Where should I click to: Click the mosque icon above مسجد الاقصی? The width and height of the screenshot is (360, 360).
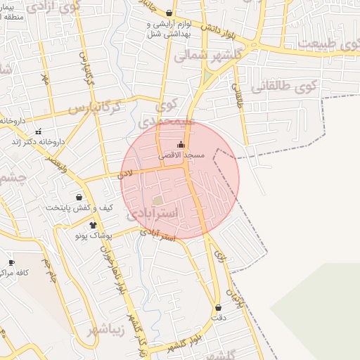click(x=181, y=145)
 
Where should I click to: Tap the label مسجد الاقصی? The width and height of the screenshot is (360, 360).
click(x=181, y=155)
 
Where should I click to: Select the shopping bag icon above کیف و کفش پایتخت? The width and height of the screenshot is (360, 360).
click(x=78, y=198)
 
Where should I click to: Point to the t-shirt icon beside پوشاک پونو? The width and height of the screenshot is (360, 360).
click(x=92, y=225)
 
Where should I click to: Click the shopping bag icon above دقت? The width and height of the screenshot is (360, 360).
click(x=218, y=308)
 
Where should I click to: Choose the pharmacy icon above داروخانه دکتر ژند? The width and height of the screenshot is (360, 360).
click(x=38, y=131)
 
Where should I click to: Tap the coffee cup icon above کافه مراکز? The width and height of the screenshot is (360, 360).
click(x=11, y=262)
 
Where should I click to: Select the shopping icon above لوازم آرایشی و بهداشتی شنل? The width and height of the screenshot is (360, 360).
click(x=169, y=13)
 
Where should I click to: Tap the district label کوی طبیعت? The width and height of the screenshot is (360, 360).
click(x=326, y=44)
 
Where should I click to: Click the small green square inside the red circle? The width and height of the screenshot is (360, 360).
click(x=157, y=201)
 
